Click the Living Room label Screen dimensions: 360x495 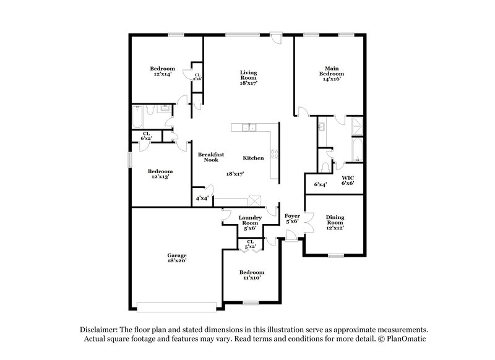pyautogui.click(x=249, y=77)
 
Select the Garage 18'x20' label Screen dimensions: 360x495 pyautogui.click(x=176, y=258)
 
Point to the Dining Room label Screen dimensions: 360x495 pyautogui.click(x=335, y=221)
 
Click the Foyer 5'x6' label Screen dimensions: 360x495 pyautogui.click(x=292, y=218)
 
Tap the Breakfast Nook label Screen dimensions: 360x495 pyautogui.click(x=210, y=157)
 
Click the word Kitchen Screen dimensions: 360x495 pyautogui.click(x=253, y=158)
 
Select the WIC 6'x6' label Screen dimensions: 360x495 pyautogui.click(x=348, y=181)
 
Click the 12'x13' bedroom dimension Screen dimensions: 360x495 pyautogui.click(x=158, y=176)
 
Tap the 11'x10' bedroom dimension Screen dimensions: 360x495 pyautogui.click(x=252, y=278)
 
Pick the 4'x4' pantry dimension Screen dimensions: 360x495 pyautogui.click(x=202, y=199)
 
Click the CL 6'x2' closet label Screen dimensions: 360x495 pyautogui.click(x=147, y=135)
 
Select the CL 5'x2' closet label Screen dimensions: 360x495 pyautogui.click(x=251, y=244)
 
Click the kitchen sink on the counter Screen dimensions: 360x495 pyautogui.click(x=249, y=127)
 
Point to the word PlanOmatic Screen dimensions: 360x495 pyautogui.click(x=409, y=340)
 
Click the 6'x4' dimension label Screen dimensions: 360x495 pyautogui.click(x=320, y=184)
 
